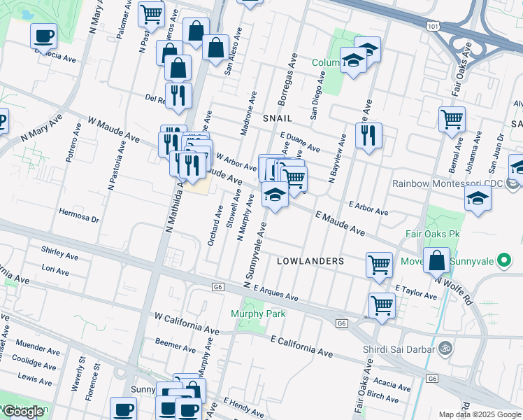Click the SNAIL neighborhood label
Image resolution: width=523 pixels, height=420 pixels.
pos(277,119)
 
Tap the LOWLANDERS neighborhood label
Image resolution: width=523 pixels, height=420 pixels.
pos(310,261)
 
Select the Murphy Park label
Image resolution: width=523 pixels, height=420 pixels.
pos(258,314)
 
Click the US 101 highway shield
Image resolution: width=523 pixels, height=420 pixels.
pos(432,25)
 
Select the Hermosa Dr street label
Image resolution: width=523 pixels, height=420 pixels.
pos(80,216)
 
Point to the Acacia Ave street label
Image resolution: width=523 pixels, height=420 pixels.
pos(392,384)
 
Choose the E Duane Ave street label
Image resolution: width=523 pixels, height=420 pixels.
pos(299,142)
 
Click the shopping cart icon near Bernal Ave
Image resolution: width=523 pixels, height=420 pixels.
pos(452,118)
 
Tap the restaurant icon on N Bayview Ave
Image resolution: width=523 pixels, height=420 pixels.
pos(368,134)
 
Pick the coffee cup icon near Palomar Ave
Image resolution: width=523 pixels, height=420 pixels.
pos(43,36)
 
